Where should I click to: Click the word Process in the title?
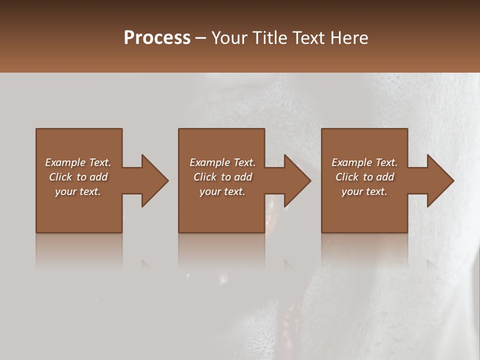point(157,38)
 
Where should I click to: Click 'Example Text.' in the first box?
point(78,162)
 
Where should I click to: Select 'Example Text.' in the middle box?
point(222,162)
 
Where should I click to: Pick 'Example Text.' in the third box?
point(364,162)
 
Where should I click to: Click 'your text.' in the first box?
point(78,191)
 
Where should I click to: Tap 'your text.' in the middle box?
point(222,191)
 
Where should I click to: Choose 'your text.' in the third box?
point(364,191)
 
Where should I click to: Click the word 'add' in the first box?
point(98,177)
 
